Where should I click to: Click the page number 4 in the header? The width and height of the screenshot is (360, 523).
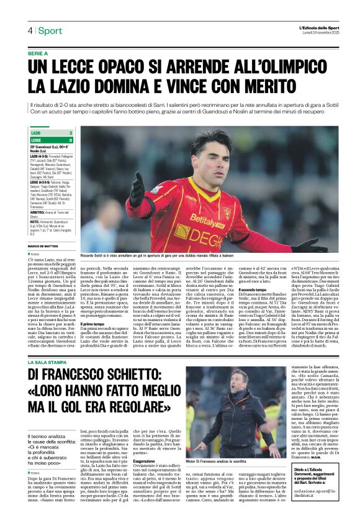(x=29, y=30)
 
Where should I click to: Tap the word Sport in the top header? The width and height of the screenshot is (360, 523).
(x=50, y=30)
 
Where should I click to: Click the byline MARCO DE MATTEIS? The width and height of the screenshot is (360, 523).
(x=44, y=247)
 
